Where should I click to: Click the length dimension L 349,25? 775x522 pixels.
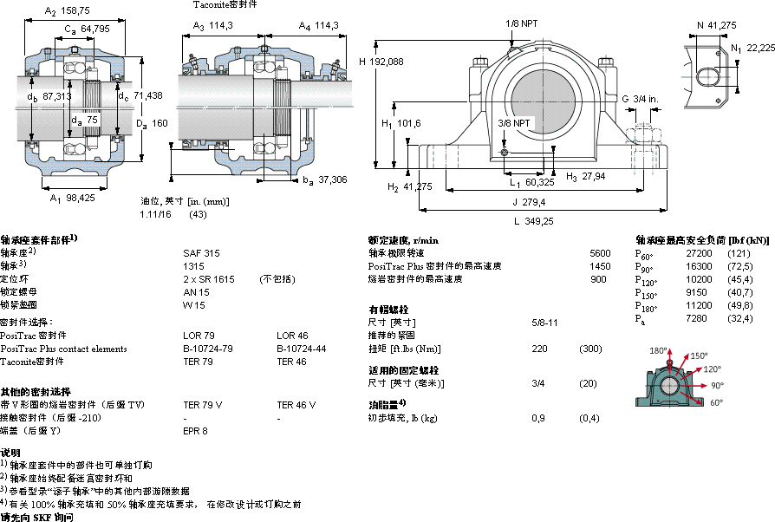pos(534,222)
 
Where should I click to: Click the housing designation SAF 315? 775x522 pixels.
pos(197,252)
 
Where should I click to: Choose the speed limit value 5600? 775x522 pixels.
pos(600,252)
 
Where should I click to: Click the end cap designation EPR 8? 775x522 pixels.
pos(195,431)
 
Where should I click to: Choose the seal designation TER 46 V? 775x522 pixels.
pos(296,405)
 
